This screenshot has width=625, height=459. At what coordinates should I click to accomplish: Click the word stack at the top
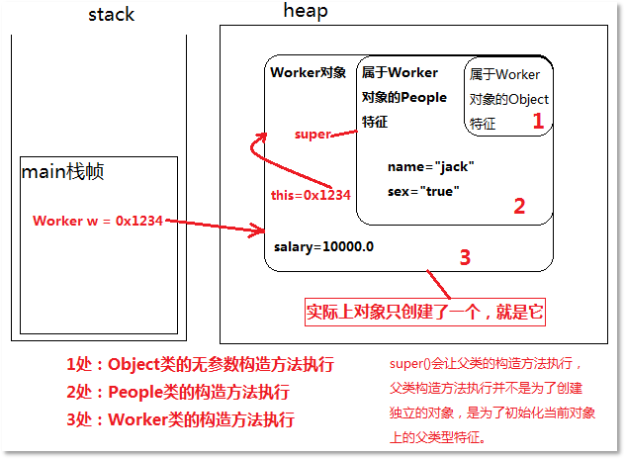click(111, 14)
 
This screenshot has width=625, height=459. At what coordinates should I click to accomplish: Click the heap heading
click(305, 11)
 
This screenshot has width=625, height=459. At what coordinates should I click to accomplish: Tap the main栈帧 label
click(63, 172)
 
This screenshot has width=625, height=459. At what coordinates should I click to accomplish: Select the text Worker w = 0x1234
click(97, 220)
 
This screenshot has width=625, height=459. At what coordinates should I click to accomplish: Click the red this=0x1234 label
click(311, 195)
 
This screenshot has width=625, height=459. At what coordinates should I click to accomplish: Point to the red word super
click(312, 134)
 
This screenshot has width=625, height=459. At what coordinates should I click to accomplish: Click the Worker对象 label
click(308, 72)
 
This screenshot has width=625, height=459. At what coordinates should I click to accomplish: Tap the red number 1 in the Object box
click(538, 122)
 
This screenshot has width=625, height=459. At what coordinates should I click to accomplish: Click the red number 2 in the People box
click(519, 206)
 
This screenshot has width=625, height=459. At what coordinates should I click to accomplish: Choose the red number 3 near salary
click(465, 257)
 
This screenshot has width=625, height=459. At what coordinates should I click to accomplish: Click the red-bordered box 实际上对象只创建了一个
click(424, 312)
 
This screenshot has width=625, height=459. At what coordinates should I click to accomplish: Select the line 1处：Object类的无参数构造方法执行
click(200, 364)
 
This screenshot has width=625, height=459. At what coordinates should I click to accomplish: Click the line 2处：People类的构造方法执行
click(178, 391)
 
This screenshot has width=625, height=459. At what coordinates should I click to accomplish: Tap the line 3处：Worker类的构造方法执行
click(180, 418)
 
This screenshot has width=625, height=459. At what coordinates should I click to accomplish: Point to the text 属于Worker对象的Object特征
click(508, 99)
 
